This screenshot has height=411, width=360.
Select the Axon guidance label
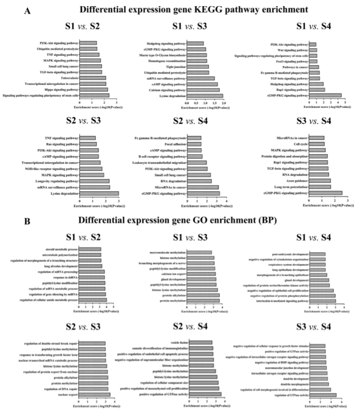[296, 181]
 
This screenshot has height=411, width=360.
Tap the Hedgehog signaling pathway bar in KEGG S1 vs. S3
[195, 44]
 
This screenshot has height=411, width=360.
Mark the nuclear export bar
[95, 395]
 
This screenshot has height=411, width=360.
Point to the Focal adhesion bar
[194, 144]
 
